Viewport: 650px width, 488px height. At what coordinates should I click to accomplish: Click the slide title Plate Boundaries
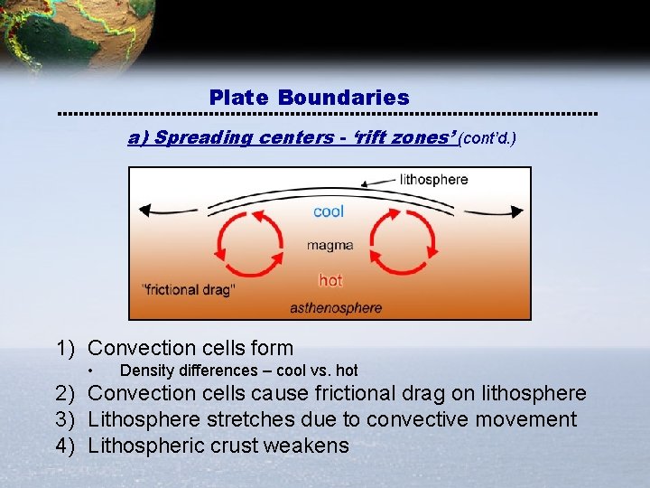[309, 98]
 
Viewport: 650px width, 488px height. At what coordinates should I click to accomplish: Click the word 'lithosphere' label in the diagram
[433, 179]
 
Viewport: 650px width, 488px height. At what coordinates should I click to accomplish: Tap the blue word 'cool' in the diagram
[329, 211]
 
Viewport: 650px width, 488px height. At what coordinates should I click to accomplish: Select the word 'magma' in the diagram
[330, 245]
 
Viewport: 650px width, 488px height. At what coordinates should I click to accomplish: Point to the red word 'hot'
[330, 280]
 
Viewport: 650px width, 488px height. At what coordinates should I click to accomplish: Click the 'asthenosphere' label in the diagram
[336, 308]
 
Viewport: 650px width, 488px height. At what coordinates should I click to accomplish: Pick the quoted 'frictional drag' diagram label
[189, 290]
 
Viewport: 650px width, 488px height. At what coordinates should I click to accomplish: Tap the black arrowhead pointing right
[516, 211]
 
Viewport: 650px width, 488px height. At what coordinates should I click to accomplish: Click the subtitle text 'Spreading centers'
[202, 138]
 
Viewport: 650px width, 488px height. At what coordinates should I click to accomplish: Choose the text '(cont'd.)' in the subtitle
[487, 139]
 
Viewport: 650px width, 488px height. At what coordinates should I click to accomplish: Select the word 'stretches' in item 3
[256, 419]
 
